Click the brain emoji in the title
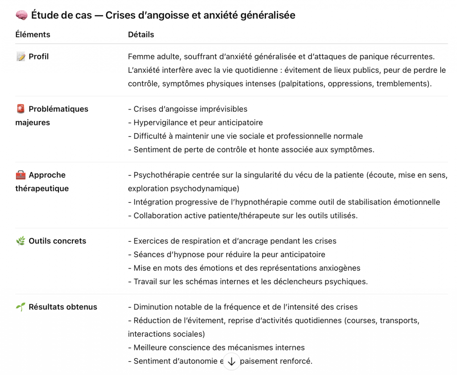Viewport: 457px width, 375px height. click(21, 16)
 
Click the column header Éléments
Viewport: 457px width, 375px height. click(33, 34)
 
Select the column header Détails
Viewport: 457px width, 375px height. click(141, 34)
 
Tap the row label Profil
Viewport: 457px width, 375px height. click(39, 57)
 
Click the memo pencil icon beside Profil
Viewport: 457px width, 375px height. click(21, 57)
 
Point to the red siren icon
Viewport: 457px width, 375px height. click(21, 109)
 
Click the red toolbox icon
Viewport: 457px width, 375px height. click(21, 175)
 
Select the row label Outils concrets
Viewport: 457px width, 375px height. click(57, 241)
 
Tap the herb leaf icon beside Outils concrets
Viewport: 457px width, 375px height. click(21, 241)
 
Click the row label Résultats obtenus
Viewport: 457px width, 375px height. click(63, 307)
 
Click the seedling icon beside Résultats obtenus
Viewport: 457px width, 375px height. click(21, 307)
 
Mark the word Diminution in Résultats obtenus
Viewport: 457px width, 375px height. click(154, 307)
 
